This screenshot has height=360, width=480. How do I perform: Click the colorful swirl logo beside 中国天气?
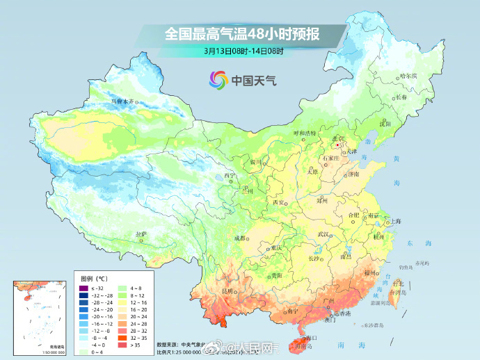click(x=218, y=80)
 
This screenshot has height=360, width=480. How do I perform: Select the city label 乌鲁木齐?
click(x=122, y=101)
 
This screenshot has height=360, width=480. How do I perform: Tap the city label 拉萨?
click(x=141, y=234)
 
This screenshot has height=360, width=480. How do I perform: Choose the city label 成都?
click(x=241, y=238)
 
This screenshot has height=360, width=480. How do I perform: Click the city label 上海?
click(x=396, y=221)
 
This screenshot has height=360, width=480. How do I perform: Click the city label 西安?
click(x=279, y=202)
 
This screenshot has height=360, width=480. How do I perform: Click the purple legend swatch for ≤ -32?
click(x=83, y=288)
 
